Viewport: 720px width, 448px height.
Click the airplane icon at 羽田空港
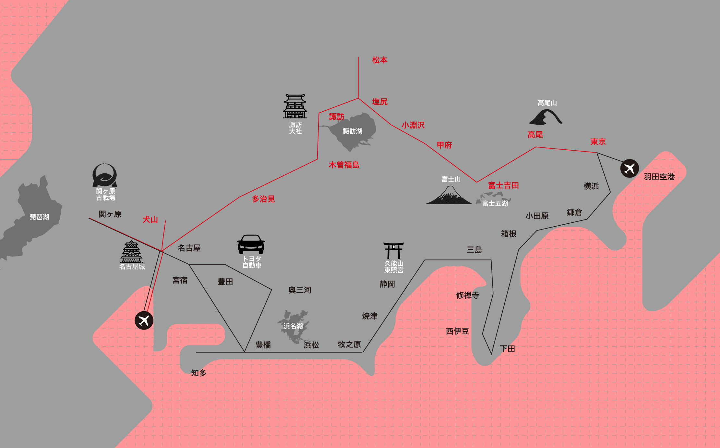point(630,168)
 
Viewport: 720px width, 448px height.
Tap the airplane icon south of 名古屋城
point(144,320)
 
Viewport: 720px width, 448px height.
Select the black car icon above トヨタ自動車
point(251,244)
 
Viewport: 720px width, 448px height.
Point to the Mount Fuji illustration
point(449,196)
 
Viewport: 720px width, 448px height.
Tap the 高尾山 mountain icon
point(546,118)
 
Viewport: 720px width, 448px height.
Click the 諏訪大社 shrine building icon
point(295,106)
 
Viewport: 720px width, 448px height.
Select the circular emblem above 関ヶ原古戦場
point(105,175)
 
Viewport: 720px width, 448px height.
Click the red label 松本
point(380,60)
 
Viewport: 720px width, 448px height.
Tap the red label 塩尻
point(380,102)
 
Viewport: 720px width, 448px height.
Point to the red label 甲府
point(444,145)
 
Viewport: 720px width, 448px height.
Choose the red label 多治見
point(263,199)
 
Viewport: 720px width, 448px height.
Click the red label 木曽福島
point(344,165)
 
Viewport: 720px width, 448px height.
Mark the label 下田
point(508,349)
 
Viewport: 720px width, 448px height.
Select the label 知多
point(199,373)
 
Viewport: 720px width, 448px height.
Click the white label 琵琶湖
point(40,217)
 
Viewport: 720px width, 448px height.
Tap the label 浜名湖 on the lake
point(293,326)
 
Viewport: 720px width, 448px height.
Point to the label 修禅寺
point(467,295)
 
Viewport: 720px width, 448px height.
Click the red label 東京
point(598,142)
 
